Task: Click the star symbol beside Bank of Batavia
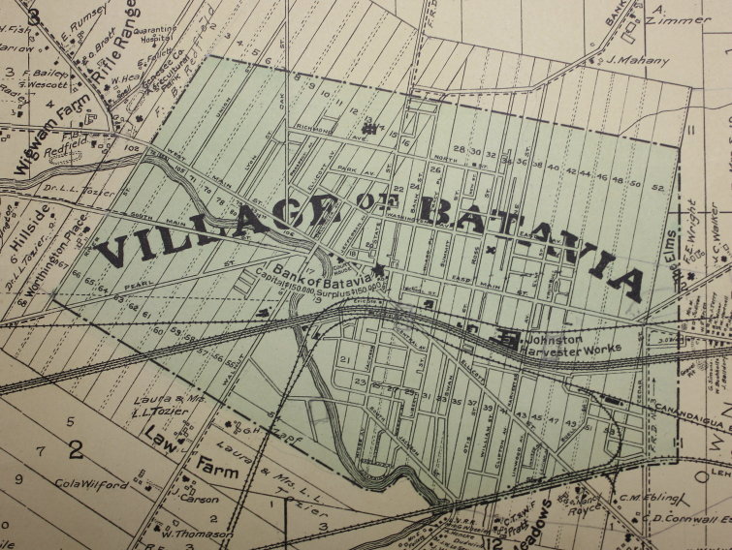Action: (x=377, y=267)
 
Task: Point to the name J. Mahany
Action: (x=640, y=61)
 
